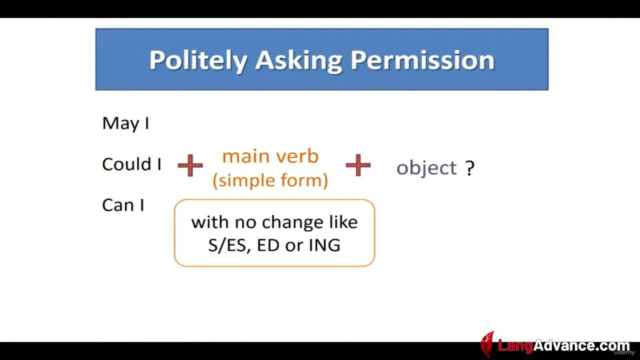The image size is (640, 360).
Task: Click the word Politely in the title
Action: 198,61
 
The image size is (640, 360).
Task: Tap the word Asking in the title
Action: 298,61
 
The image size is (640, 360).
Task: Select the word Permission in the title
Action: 422,60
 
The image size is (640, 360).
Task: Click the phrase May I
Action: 125,123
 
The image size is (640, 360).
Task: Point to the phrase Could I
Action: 131,164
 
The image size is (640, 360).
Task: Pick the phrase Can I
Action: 123,205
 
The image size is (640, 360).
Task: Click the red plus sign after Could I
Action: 190,165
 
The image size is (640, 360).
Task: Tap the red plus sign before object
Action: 358,165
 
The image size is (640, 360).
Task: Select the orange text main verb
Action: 270,156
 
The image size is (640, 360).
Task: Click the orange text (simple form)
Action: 270,180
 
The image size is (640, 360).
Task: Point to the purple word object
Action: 426,167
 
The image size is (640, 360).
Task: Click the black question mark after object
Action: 470,168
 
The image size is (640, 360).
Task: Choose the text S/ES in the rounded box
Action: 227,245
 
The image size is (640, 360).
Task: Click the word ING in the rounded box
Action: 324,245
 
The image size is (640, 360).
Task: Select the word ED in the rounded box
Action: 268,245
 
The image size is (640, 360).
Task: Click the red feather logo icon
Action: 487,344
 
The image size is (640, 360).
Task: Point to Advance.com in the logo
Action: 581,345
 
